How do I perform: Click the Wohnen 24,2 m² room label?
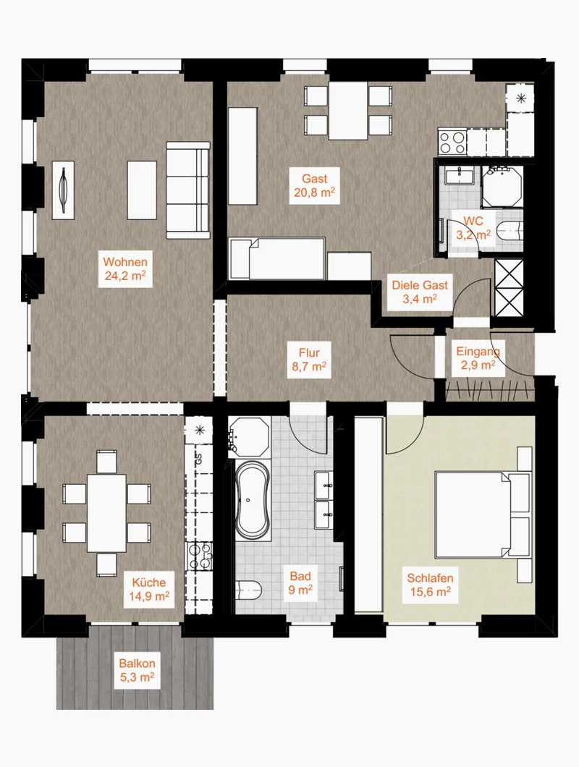pos(125,268)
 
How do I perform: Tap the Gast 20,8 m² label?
pos(314,185)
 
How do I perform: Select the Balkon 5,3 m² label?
pos(137,670)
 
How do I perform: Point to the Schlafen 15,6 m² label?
pos(430,585)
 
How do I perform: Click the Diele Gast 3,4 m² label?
pos(420,292)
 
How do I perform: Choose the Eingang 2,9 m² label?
pos(478,359)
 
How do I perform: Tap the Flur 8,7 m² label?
pos(309,360)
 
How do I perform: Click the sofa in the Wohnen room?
pos(188,190)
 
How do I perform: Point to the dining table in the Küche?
pos(106,513)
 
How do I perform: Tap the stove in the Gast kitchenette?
pos(452,143)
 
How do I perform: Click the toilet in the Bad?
pos(248,590)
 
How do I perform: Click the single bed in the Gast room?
pos(277,259)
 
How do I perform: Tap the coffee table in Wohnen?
pos(142,190)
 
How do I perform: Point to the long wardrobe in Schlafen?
pos(368,514)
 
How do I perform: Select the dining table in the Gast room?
pos(348,111)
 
